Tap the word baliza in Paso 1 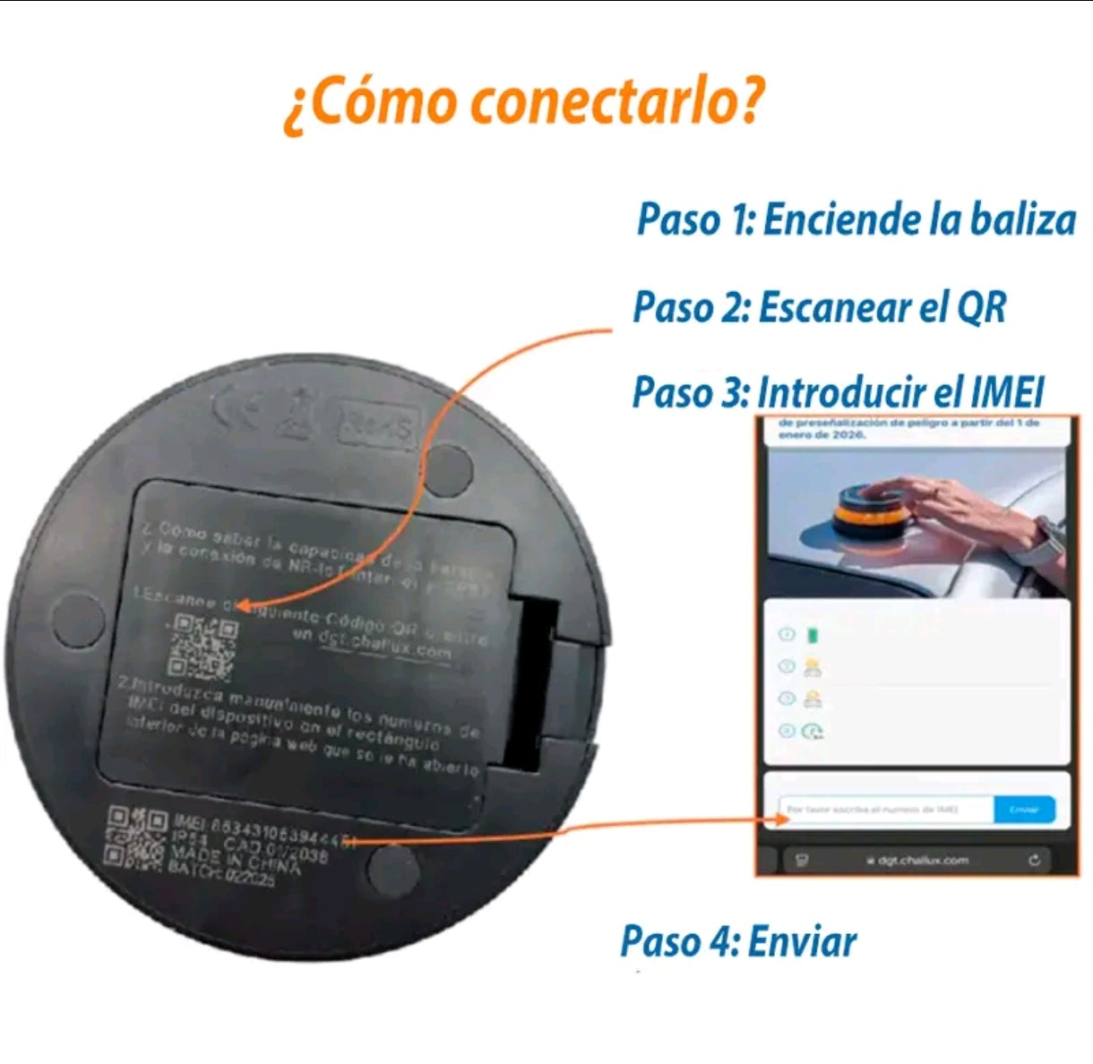[1026, 220]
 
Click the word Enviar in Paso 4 [802, 942]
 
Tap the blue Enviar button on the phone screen [1024, 810]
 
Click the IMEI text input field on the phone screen [883, 810]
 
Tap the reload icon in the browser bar [1035, 860]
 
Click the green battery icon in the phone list [813, 635]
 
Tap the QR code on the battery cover [203, 646]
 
